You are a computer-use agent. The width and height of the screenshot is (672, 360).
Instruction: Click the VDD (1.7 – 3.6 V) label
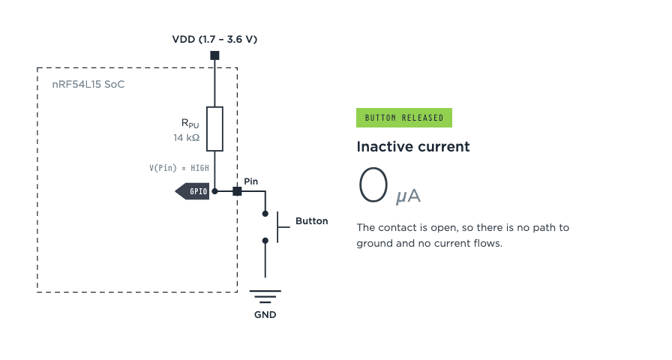pyautogui.click(x=214, y=40)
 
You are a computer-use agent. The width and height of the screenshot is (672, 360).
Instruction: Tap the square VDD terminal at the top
pyautogui.click(x=214, y=55)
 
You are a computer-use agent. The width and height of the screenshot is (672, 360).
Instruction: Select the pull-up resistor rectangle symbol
pyautogui.click(x=214, y=129)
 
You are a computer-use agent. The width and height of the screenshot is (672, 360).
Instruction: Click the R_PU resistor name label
pyautogui.click(x=190, y=124)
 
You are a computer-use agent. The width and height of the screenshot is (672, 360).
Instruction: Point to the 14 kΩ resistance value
pyautogui.click(x=187, y=137)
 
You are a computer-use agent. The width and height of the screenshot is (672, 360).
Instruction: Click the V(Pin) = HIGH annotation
pyautogui.click(x=179, y=168)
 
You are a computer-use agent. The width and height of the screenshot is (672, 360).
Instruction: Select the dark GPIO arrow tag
pyautogui.click(x=192, y=191)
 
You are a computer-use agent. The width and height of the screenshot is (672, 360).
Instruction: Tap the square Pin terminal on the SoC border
pyautogui.click(x=237, y=191)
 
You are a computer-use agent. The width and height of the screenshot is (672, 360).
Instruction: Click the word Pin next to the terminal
pyautogui.click(x=251, y=181)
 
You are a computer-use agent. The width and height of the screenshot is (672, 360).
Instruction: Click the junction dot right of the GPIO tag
pyautogui.click(x=214, y=191)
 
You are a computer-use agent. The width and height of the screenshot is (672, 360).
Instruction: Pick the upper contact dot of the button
pyautogui.click(x=265, y=214)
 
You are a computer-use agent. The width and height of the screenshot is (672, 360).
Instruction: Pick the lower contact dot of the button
pyautogui.click(x=265, y=241)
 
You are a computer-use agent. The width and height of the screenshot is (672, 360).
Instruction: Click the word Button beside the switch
pyautogui.click(x=311, y=221)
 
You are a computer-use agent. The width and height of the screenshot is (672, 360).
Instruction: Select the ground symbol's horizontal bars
pyautogui.click(x=265, y=296)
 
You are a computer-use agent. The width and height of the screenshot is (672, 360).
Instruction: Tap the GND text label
pyautogui.click(x=265, y=315)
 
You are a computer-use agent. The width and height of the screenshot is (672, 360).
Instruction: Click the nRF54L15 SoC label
pyautogui.click(x=88, y=85)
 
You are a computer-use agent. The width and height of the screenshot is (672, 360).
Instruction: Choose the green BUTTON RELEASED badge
pyautogui.click(x=404, y=118)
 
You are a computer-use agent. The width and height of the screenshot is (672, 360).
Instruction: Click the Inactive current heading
pyautogui.click(x=413, y=146)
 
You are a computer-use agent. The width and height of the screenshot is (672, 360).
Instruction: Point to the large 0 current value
pyautogui.click(x=373, y=184)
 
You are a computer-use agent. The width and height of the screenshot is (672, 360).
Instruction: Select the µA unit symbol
pyautogui.click(x=409, y=196)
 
